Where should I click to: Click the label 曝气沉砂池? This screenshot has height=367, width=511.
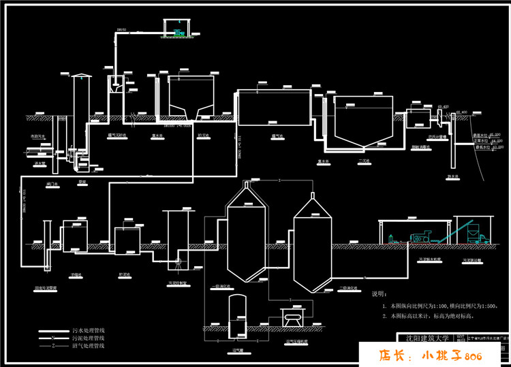[x=120, y=135]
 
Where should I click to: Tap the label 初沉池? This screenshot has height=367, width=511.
[x=203, y=135]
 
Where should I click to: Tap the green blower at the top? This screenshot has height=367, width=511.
[x=179, y=31]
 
